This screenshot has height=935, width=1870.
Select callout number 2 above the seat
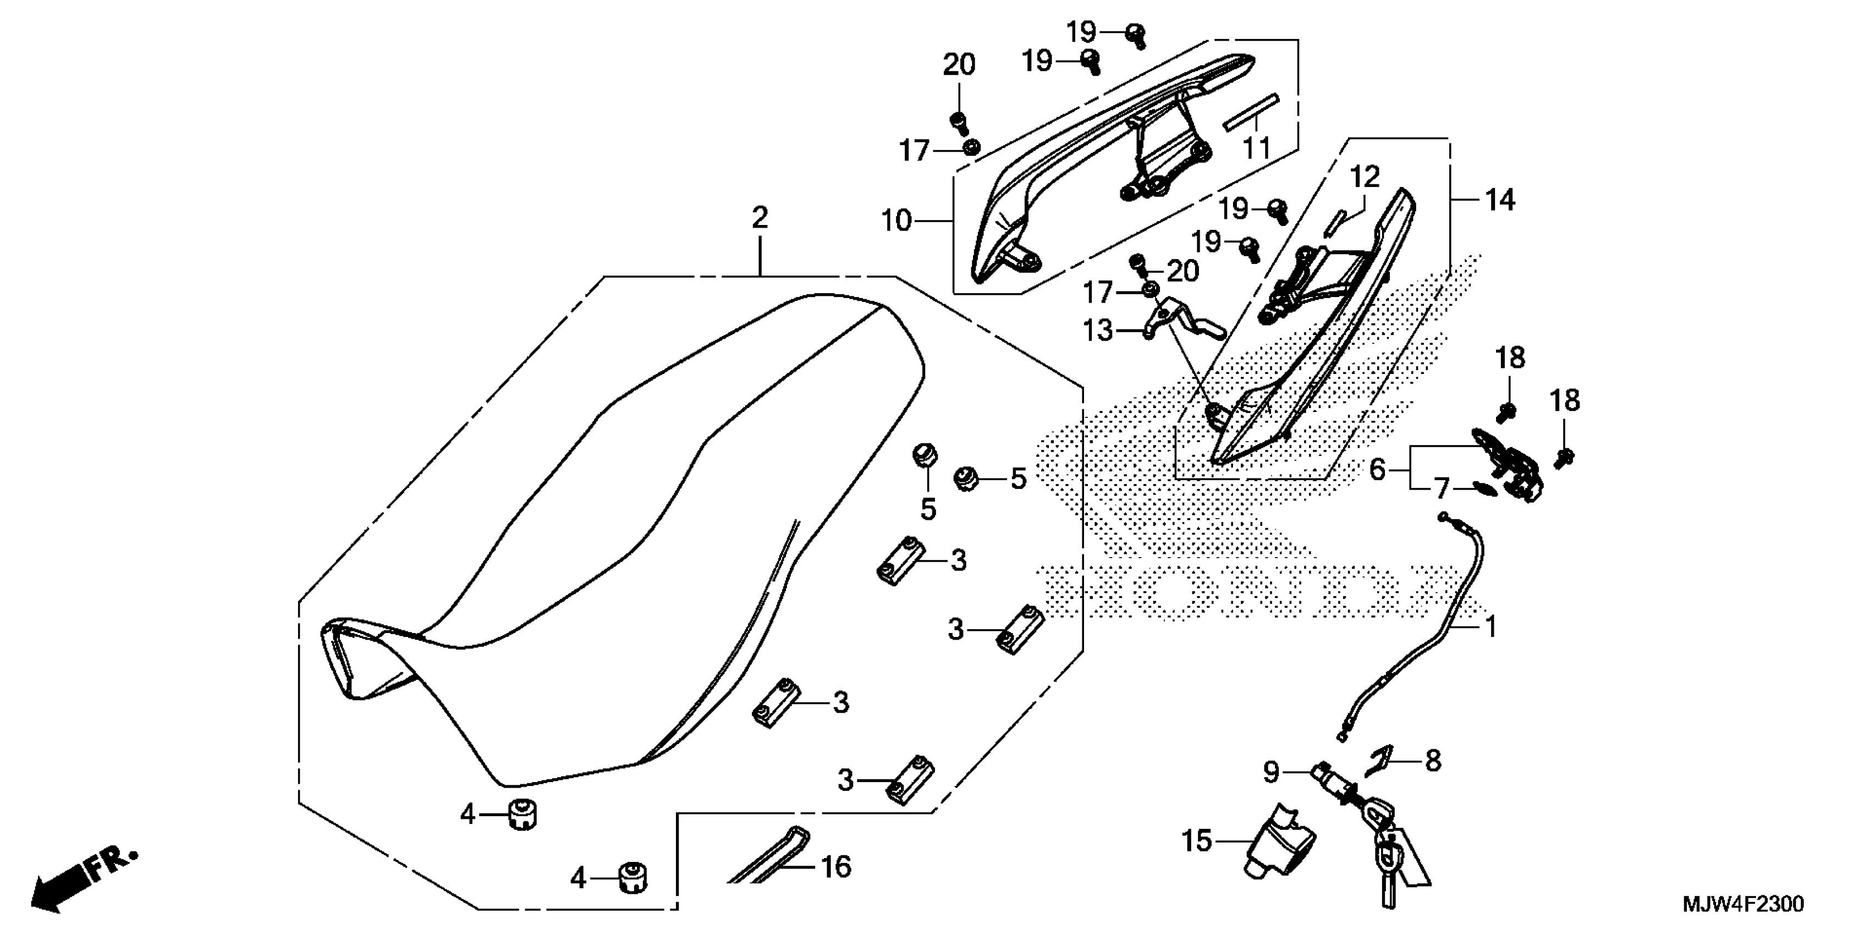pyautogui.click(x=760, y=217)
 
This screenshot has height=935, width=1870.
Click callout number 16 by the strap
pyautogui.click(x=836, y=866)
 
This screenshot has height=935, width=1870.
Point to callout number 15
pyautogui.click(x=1197, y=840)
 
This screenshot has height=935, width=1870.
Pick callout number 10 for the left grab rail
pyautogui.click(x=896, y=220)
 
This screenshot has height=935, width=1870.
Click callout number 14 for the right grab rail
pyautogui.click(x=1500, y=200)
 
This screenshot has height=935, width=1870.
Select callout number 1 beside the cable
pyautogui.click(x=1491, y=626)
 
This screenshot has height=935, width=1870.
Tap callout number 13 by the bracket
pyautogui.click(x=1098, y=331)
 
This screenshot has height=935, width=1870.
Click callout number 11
pyautogui.click(x=1257, y=147)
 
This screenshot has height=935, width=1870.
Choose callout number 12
pyautogui.click(x=1364, y=177)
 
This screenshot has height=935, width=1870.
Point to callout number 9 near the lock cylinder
pyautogui.click(x=1270, y=772)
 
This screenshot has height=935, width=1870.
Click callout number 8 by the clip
pyautogui.click(x=1432, y=761)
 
